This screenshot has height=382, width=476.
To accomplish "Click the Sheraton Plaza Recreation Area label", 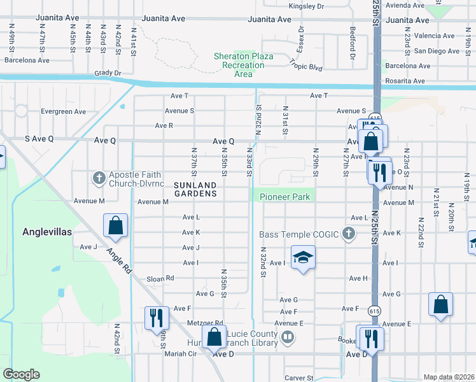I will point(244,65).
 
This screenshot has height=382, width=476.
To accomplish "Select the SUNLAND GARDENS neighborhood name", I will point(195,188).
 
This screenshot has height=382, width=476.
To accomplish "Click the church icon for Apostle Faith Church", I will point(99,178).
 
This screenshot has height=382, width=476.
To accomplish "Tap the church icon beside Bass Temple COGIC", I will point(348,234).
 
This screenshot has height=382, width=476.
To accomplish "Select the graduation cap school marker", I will point(304,257).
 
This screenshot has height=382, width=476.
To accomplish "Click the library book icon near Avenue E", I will point(288,336).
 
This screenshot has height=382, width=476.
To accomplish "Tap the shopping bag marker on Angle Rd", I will point(115,225).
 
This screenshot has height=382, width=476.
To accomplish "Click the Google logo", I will point(21,374).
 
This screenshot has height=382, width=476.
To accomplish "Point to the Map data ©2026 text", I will point(449,377).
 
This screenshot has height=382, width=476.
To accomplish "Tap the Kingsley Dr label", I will point(306,6).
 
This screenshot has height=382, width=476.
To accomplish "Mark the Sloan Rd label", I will point(160,278).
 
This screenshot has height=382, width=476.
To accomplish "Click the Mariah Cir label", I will point(177,353).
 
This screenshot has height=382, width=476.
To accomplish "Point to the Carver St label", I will point(298,378).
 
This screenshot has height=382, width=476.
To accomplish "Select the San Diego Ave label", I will point(436,51).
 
